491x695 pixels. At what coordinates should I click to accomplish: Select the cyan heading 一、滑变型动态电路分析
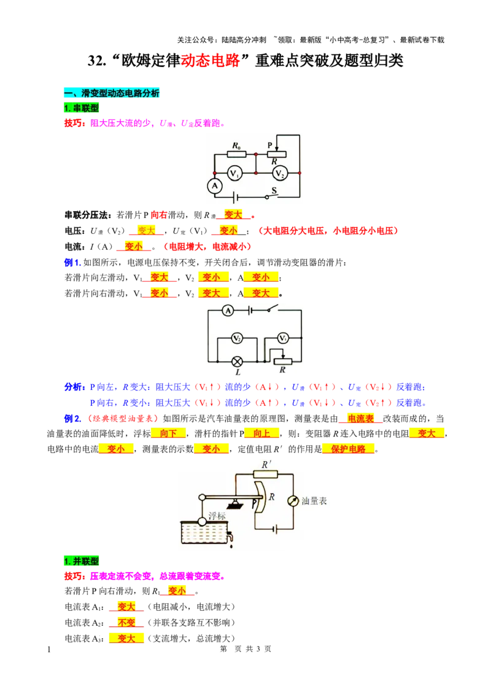[112, 93]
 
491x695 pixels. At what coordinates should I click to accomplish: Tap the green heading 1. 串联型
[81, 107]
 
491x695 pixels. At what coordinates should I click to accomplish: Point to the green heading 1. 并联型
[81, 561]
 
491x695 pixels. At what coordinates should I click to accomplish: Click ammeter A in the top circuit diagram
[215, 185]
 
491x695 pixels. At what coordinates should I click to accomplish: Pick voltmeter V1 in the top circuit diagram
[235, 173]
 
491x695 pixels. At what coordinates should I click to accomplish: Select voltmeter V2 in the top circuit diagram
[280, 173]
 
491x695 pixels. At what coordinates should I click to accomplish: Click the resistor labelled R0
[236, 154]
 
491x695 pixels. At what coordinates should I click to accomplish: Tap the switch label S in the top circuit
[274, 190]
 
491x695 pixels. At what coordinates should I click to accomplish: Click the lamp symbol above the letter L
[238, 361]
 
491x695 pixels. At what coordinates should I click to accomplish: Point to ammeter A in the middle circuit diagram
[228, 310]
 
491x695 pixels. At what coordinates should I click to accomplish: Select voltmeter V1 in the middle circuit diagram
[283, 338]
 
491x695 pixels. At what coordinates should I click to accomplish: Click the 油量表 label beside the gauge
[314, 501]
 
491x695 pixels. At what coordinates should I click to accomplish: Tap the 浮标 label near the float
[217, 516]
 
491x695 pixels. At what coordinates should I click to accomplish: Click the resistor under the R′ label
[265, 475]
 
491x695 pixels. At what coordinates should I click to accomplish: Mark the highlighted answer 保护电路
[349, 449]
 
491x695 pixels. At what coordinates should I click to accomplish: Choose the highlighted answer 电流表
[361, 419]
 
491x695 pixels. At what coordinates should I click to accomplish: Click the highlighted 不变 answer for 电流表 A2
[126, 623]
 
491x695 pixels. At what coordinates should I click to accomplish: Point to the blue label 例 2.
[72, 419]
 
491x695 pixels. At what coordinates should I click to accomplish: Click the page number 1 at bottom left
[48, 650]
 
